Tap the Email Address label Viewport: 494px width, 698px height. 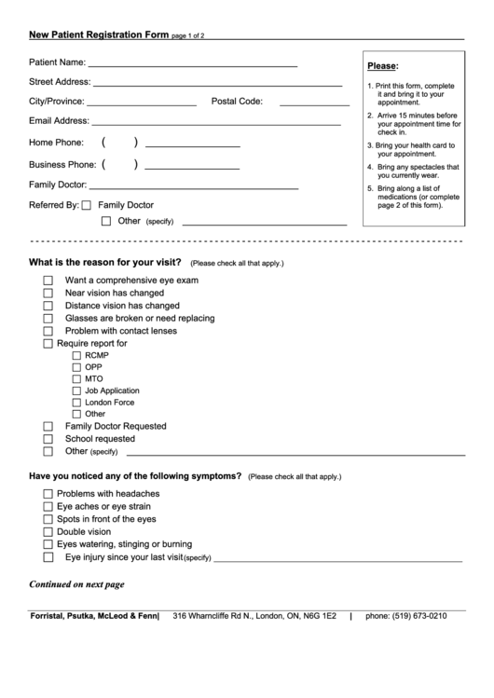tap(59, 121)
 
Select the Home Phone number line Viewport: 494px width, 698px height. tap(193, 144)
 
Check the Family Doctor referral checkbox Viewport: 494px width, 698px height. tap(87, 206)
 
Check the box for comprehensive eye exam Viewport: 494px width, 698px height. tap(48, 281)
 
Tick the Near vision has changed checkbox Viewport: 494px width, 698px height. tap(48, 294)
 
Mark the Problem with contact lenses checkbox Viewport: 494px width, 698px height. tap(48, 332)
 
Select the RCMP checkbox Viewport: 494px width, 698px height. tap(76, 356)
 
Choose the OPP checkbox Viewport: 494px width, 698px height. tap(76, 368)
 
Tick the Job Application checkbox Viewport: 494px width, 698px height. tap(76, 391)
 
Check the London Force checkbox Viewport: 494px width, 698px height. tap(76, 403)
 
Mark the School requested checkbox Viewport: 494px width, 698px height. tap(48, 439)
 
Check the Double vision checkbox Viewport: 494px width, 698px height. tap(48, 532)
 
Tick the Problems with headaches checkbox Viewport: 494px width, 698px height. tap(48, 494)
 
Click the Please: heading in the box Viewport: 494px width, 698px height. tap(382, 66)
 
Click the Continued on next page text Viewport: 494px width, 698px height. tap(76, 585)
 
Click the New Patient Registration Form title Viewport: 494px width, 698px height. tap(99, 34)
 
